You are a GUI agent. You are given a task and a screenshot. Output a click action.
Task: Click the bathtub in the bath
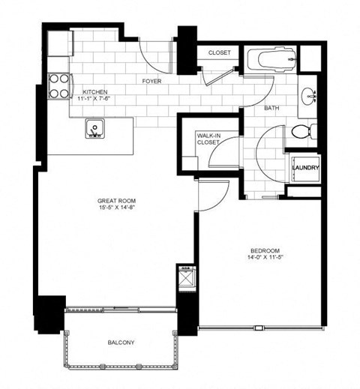coord(269,61)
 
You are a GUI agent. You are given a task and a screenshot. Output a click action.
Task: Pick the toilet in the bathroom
coord(302,133)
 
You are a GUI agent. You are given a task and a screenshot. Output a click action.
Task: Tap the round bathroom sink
coord(308,97)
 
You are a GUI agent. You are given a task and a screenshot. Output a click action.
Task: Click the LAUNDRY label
coord(306,168)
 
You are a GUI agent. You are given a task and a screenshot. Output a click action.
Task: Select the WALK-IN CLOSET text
coord(208,139)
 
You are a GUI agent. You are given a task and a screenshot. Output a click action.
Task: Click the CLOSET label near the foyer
coord(220,53)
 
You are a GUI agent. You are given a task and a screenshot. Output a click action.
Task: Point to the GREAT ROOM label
coord(115,201)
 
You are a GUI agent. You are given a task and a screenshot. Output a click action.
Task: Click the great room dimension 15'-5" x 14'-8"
coord(115,209)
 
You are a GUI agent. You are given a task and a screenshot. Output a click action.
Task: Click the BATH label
coord(271,109)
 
